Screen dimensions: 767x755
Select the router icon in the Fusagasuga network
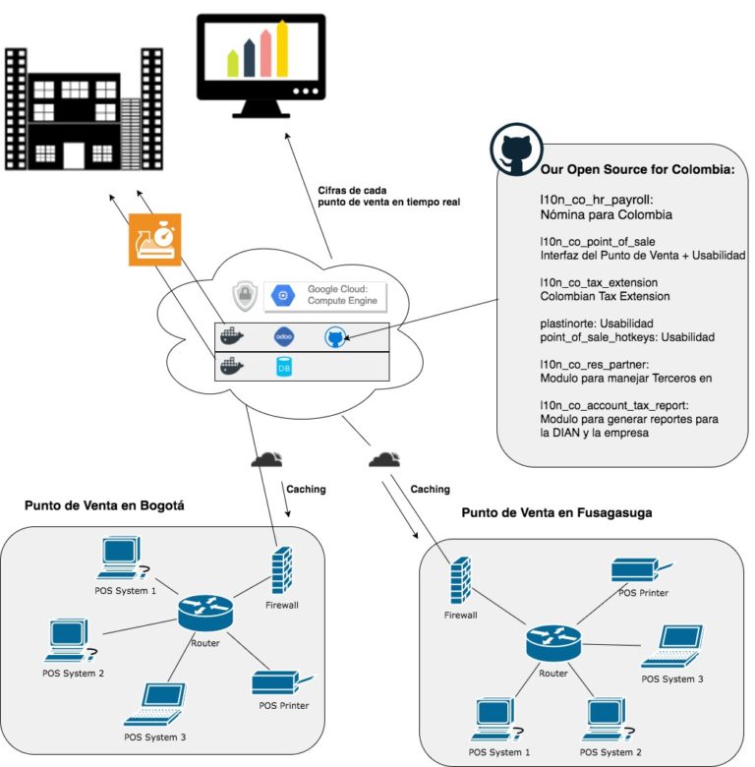pos(553,644)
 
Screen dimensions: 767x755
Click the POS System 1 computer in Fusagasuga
pos(496,720)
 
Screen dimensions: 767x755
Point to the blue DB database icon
pos(285,368)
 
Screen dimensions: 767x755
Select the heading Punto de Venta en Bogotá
pos(103,506)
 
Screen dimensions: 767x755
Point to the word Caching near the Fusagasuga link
pos(430,489)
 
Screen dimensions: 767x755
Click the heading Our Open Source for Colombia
pos(637,169)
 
